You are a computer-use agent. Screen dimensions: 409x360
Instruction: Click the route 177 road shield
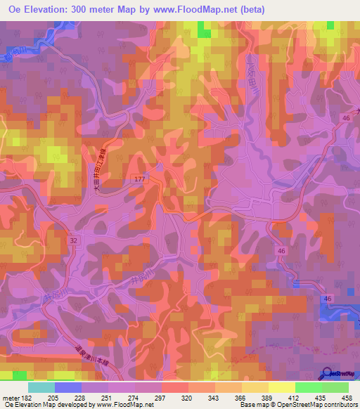tap(139, 181)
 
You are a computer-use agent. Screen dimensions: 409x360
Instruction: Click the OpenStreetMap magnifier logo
tap(327, 375)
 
